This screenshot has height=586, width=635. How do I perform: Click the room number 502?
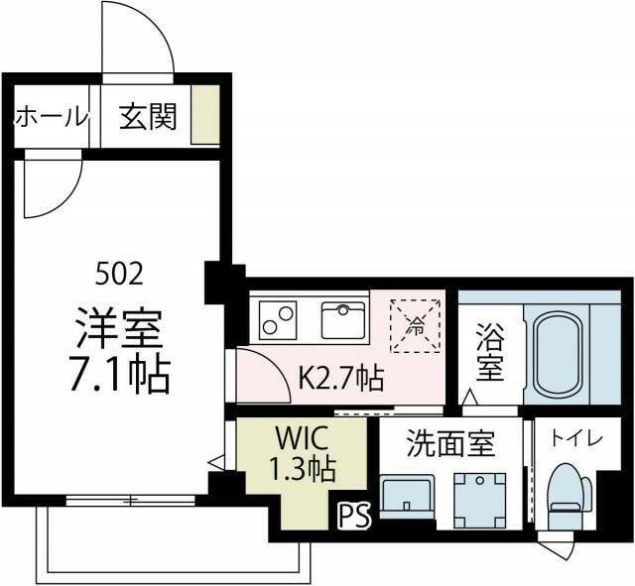119,271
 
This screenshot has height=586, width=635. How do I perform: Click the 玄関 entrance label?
149,117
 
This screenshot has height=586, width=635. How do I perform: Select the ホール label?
51,117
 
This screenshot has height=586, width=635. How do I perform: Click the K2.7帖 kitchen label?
340,378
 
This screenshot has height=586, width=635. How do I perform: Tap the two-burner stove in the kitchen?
279,320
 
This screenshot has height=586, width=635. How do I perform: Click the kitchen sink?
343,319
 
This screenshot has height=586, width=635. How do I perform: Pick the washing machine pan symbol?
479,495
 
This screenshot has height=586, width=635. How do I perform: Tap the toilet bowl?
570,496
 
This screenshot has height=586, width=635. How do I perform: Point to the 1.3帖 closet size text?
300,466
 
